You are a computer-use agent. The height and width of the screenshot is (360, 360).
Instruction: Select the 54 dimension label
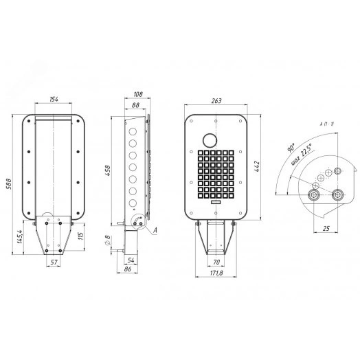pos(131,259)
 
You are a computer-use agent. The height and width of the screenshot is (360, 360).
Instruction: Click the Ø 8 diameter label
pos(108,242)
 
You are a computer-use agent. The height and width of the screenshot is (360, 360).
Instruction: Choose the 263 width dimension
pos(216,101)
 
